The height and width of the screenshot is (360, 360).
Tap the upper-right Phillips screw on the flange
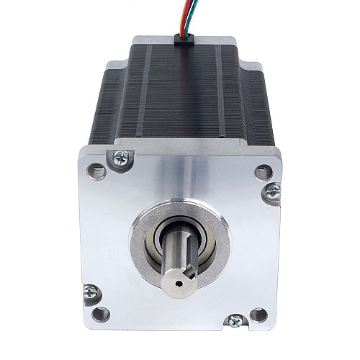point(273,192)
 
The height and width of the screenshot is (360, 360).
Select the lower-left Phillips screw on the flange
point(91,292)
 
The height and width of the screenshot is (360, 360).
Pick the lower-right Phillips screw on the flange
point(234,322)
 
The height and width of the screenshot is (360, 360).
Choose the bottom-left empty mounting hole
point(101,313)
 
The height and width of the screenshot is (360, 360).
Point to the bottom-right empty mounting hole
point(258,314)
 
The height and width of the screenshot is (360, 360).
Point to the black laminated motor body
point(180,94)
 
